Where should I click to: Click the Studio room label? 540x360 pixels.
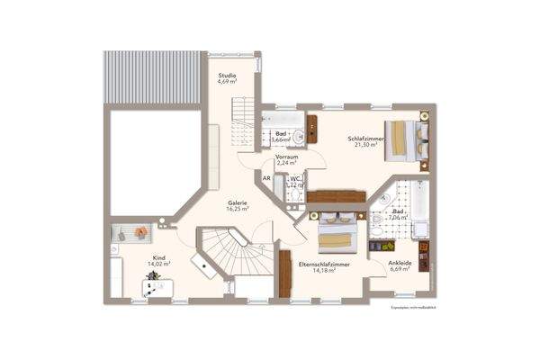(228, 75)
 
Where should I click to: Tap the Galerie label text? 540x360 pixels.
(238, 202)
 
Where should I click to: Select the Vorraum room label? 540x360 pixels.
(287, 157)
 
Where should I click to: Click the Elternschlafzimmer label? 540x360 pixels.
(324, 265)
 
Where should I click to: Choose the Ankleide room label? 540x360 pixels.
(400, 263)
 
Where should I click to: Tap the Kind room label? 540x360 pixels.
(159, 257)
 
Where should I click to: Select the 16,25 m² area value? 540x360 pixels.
(238, 209)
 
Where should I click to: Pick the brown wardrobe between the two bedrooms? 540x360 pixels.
(336, 196)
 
